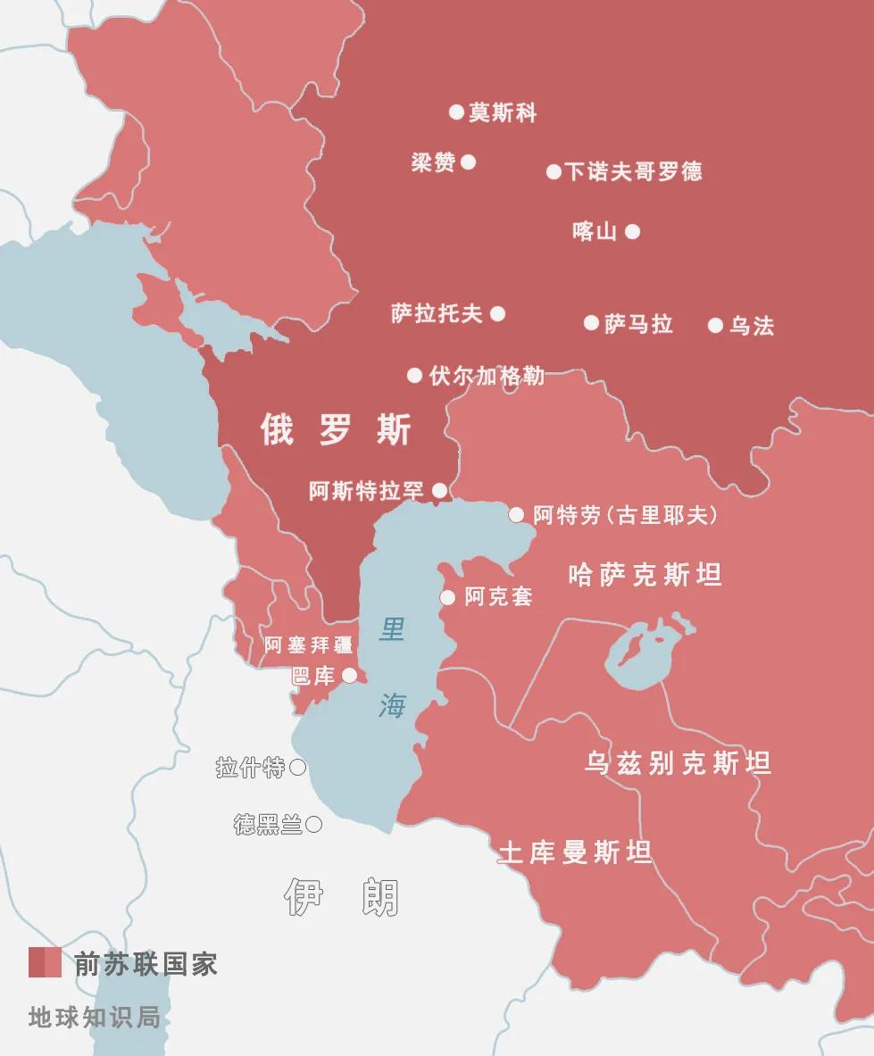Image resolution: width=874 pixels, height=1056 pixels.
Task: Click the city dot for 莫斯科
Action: point(456,112)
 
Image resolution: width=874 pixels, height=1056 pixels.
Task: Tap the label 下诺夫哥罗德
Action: point(634,171)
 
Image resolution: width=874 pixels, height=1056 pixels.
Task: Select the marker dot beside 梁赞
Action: point(468,162)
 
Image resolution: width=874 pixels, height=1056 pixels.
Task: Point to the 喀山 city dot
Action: point(632,232)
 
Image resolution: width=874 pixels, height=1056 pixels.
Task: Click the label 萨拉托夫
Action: point(437,313)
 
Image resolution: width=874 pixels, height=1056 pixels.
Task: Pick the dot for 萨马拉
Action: point(591,323)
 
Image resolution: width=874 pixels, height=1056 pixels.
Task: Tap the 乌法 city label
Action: point(752,326)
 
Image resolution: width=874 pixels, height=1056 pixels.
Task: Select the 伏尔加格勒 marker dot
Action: point(414,376)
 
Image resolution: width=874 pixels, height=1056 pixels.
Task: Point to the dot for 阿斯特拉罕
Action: point(439,490)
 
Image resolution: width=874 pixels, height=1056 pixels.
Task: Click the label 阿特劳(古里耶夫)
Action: point(626,515)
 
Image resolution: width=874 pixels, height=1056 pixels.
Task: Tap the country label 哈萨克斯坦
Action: point(645,576)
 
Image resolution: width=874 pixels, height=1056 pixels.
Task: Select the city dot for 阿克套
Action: point(448,597)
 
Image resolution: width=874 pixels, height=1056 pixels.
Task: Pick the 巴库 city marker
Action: point(350,675)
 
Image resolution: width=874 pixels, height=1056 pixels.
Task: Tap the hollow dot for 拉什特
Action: point(298,768)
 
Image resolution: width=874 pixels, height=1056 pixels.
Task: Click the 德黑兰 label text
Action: point(268,826)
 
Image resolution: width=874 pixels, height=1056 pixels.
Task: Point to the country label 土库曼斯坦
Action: point(574,853)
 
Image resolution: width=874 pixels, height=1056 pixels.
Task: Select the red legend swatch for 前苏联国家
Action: point(45,963)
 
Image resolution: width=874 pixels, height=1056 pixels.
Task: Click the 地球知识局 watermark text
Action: point(94,1017)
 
